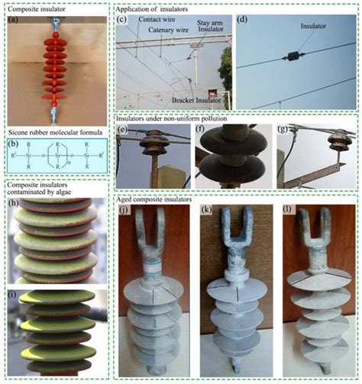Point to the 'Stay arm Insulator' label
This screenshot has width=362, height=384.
point(213,28)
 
